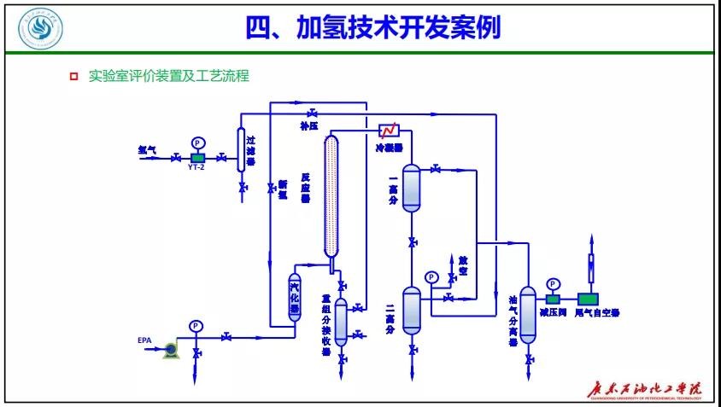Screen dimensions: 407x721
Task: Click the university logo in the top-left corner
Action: [35, 29]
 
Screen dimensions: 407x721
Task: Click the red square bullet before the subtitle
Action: [73, 77]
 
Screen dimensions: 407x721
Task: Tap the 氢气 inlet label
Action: [147, 149]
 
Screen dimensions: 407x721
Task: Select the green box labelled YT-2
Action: [197, 158]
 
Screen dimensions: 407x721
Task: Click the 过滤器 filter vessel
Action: [241, 150]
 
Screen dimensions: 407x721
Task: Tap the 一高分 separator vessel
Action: [412, 188]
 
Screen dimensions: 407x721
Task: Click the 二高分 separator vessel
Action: [412, 311]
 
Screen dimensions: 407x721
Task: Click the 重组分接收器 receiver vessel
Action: [341, 322]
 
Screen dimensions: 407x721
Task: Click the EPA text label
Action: [144, 341]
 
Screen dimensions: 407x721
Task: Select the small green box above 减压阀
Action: [553, 298]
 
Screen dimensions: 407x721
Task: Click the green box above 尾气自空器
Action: [589, 298]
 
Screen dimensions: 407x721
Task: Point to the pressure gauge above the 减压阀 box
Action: [553, 284]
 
